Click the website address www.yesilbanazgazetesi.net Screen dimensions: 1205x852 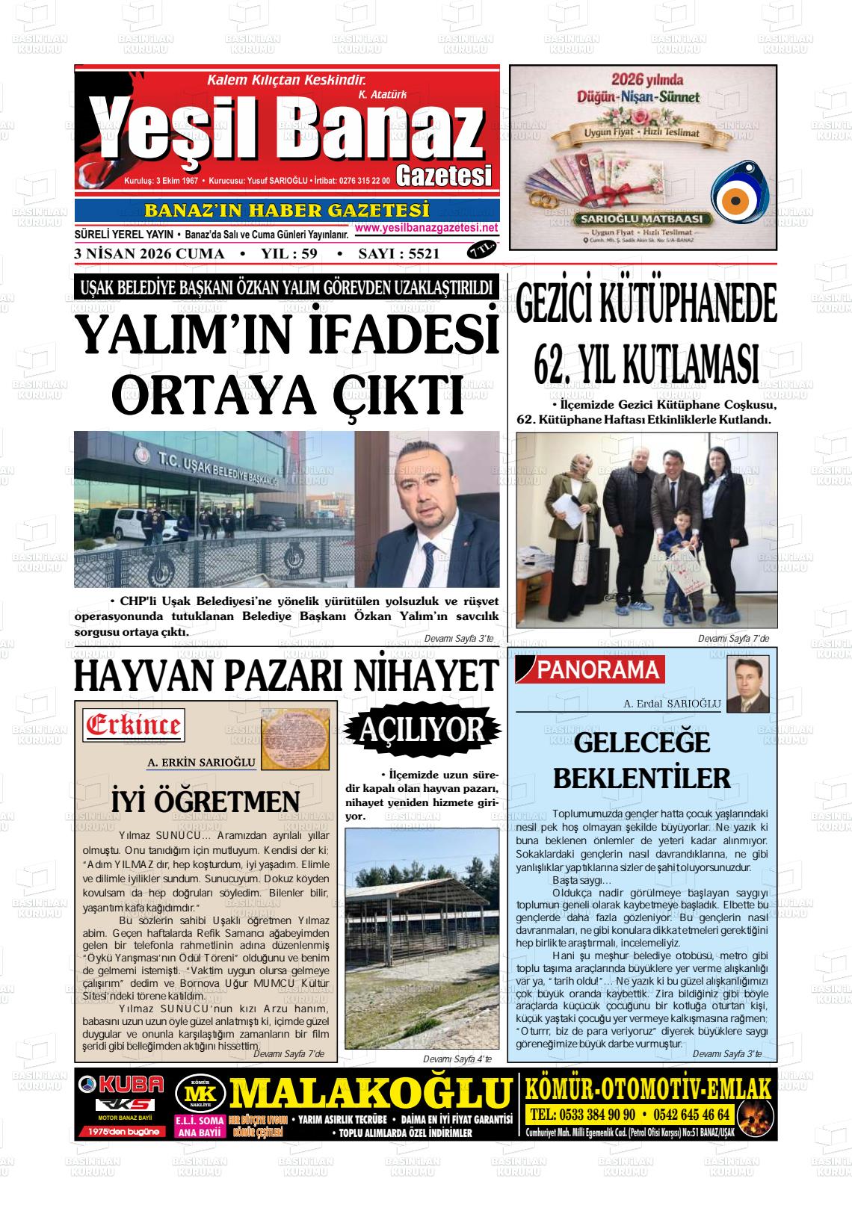point(426,228)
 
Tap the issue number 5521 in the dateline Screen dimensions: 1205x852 point(419,254)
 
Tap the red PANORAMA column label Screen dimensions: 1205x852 point(598,670)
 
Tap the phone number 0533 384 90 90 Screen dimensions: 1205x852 point(582,1115)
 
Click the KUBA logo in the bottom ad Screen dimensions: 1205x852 point(120,1084)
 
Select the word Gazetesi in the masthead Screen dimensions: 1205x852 point(444,176)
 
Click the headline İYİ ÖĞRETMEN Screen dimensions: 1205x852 point(206,802)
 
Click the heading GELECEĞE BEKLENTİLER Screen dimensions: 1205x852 point(642,761)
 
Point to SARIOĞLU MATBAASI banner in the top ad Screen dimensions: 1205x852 point(642,220)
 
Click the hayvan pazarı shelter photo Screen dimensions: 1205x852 point(422,938)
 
